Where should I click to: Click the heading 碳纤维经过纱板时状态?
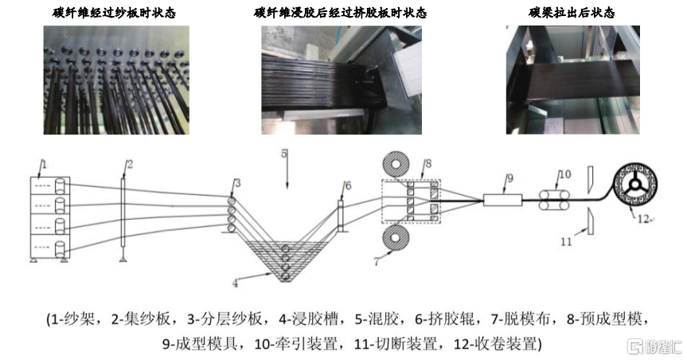point(117,14)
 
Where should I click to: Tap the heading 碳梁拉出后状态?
point(572,14)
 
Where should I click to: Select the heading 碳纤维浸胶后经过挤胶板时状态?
point(341,14)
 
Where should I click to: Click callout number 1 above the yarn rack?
point(44,164)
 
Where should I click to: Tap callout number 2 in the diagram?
point(130,165)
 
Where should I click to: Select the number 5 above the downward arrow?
point(284,155)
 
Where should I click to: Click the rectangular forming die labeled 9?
point(502,201)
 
